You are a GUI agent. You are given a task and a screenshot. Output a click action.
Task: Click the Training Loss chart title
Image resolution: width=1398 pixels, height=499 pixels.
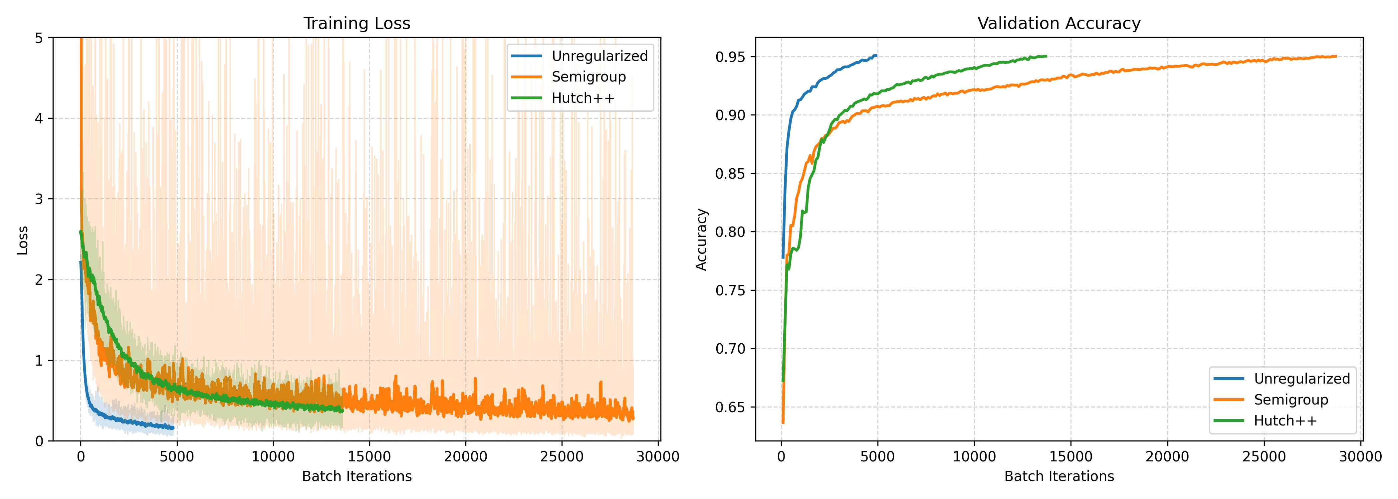coord(356,23)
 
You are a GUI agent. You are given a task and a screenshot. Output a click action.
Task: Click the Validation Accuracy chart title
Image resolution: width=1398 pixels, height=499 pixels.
coord(1059,23)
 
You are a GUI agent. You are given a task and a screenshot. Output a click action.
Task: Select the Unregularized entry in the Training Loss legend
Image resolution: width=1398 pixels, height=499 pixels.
coord(600,56)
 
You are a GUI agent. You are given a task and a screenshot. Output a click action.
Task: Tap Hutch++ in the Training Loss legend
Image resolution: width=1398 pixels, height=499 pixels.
coord(583,98)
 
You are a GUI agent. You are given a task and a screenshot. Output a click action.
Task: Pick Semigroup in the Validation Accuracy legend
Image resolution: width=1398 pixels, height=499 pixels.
coord(1291,400)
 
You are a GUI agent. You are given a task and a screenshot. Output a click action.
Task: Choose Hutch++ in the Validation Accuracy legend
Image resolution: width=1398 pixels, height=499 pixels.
coord(1285,421)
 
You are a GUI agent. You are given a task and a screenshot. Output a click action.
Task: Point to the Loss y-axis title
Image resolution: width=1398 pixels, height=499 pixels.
coord(22,240)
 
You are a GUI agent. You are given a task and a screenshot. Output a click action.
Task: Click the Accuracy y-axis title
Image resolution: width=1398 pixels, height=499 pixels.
coord(702,240)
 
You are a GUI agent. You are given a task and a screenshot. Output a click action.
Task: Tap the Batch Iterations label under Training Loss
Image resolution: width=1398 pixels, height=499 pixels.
coord(356,476)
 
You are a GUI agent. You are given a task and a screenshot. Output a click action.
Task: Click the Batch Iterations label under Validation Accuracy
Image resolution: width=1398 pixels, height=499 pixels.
coord(1059,476)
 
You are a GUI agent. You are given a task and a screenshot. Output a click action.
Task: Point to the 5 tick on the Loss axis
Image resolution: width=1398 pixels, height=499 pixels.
coord(39,38)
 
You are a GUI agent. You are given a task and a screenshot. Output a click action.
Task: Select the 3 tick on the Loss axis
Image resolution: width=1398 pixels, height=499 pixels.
coord(39,199)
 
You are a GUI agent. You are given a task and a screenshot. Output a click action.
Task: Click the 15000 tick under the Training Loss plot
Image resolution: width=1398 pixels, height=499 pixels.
coord(369,457)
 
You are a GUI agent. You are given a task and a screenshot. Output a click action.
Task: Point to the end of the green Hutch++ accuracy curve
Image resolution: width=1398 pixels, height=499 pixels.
coord(1046,56)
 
